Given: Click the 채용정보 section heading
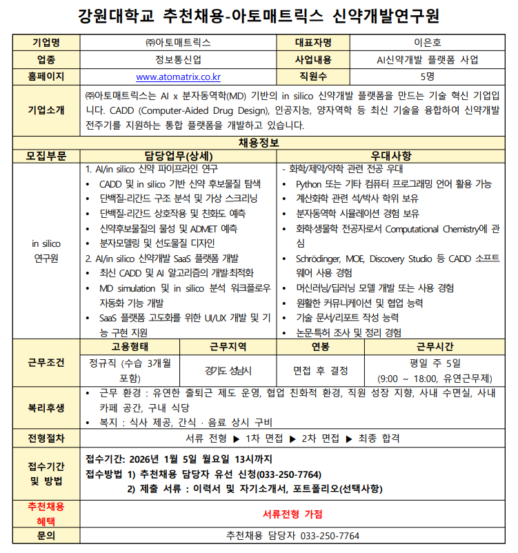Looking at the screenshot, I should (x=259, y=143).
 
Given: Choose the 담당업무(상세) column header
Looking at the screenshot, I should (x=179, y=156).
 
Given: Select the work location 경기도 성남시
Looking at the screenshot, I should (x=228, y=370).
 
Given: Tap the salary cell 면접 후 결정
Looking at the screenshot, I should (x=321, y=370).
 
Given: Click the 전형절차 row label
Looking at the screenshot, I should (x=46, y=438).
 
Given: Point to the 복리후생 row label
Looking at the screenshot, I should (x=46, y=408).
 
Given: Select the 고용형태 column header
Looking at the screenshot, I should (x=130, y=346).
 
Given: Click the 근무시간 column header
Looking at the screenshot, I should (x=435, y=346).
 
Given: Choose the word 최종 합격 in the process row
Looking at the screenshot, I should (x=379, y=438).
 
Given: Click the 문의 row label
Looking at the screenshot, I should (x=46, y=536).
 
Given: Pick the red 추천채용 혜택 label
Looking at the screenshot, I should (x=46, y=514).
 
